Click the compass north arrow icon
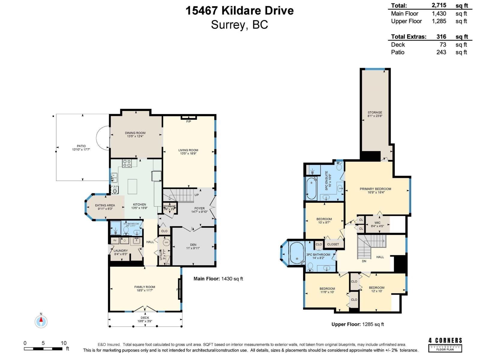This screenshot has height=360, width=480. [41, 322]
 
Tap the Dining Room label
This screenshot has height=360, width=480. [135, 133]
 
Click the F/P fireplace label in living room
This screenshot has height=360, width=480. [188, 121]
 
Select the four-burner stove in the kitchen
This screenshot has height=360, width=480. [127, 163]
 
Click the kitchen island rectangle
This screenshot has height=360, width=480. [132, 187]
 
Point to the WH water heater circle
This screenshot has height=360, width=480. [166, 242]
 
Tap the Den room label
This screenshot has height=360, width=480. [193, 245]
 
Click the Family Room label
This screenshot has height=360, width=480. [145, 287]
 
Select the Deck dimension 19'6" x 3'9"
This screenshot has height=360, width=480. [145, 321]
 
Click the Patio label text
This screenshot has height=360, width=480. [81, 146]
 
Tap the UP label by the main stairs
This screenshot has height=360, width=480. [196, 195]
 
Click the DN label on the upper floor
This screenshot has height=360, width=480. [364, 261]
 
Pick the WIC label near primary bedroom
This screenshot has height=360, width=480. [377, 223]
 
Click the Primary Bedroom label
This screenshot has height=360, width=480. [375, 189]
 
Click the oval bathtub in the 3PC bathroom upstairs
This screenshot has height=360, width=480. [297, 253]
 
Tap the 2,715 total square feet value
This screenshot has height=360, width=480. [439, 5]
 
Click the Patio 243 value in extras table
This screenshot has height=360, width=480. [441, 52]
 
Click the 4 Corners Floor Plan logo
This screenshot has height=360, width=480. [445, 344]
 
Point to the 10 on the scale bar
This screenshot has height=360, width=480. [64, 343]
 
